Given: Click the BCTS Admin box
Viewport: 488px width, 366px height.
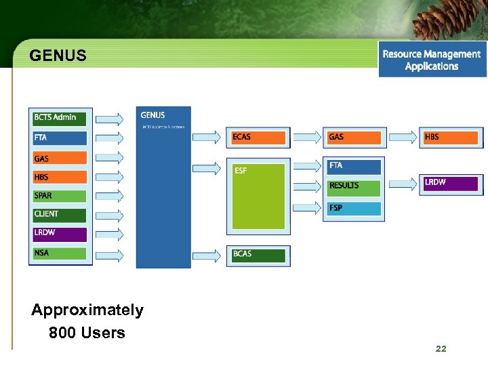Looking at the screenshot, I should [x=60, y=118].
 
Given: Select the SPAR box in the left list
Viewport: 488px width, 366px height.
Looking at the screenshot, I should [x=60, y=196].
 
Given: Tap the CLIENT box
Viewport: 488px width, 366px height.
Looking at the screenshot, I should [x=60, y=214].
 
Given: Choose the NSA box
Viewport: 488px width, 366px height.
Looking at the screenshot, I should [x=60, y=253].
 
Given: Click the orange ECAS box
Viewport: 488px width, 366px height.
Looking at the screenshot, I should [x=258, y=137].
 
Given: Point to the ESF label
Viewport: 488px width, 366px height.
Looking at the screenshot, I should [x=241, y=171].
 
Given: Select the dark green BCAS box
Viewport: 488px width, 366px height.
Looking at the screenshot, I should [x=258, y=255].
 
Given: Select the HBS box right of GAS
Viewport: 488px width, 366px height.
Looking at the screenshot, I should [x=451, y=137].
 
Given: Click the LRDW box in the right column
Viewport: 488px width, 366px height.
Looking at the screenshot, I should [x=451, y=183].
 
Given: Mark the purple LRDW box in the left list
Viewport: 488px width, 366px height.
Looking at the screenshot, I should [x=60, y=233].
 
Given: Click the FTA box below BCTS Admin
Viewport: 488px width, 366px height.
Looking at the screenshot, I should [x=60, y=138].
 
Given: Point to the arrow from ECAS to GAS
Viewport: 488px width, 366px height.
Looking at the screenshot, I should [x=306, y=138].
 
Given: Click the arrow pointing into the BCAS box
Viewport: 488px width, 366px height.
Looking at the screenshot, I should [x=207, y=256].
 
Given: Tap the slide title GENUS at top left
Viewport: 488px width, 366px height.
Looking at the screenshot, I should [x=58, y=56].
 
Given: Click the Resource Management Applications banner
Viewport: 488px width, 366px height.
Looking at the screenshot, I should [x=432, y=60].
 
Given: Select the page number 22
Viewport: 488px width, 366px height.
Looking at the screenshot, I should [x=441, y=348].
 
